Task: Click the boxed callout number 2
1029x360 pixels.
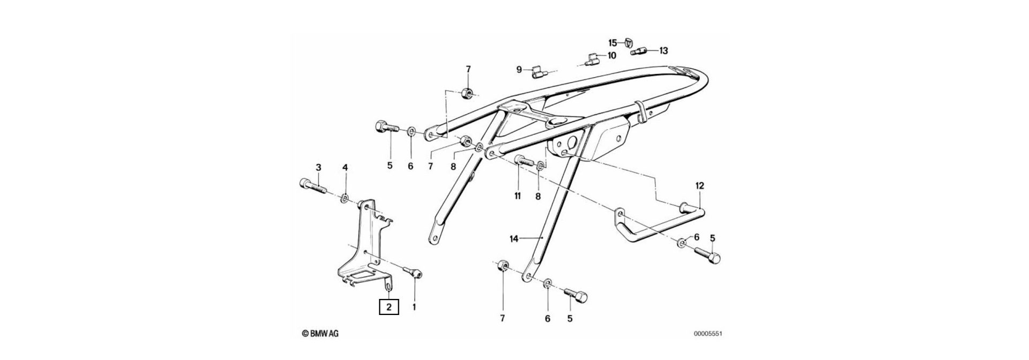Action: tap(389, 307)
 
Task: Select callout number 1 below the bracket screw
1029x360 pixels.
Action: tap(414, 307)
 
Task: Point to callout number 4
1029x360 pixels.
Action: tap(345, 168)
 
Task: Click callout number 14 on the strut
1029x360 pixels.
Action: tap(514, 239)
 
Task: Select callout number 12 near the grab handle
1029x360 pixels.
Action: tap(699, 186)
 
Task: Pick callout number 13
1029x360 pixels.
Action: tap(663, 51)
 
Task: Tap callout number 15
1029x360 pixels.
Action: tap(613, 42)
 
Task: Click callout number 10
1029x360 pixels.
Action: tap(612, 55)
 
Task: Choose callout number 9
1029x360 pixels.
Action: tap(519, 69)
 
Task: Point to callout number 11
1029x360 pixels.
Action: tap(518, 197)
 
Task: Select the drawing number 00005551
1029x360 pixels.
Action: tap(709, 334)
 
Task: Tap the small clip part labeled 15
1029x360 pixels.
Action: tap(629, 42)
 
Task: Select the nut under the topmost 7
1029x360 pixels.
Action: tap(467, 93)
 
